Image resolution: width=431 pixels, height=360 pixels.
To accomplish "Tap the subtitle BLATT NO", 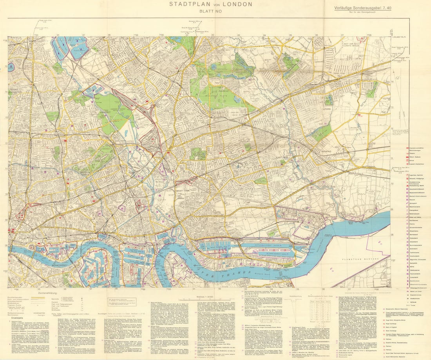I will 211,12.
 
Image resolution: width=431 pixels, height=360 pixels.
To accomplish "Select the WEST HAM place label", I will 186,190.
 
